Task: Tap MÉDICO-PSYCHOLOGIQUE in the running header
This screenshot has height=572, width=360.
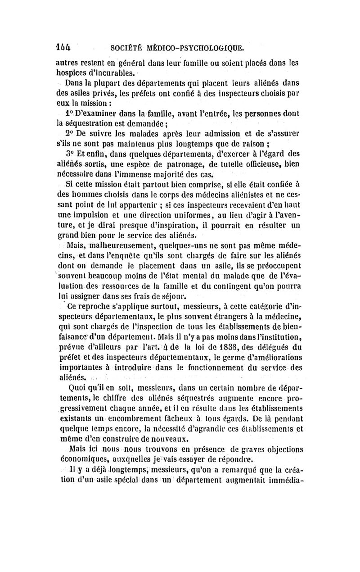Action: point(198,47)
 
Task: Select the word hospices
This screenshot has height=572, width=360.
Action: point(72,72)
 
